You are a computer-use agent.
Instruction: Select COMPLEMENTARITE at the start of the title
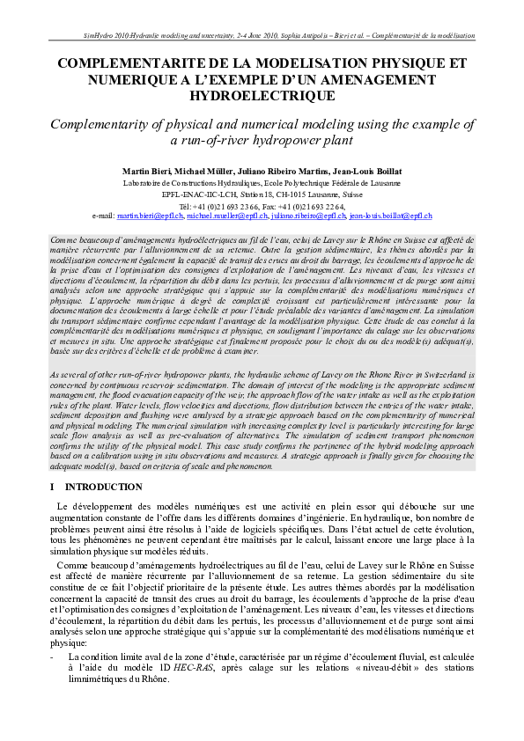click(x=135, y=64)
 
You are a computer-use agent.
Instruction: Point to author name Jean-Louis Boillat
click(x=352, y=170)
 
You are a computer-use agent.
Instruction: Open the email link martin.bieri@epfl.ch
click(x=150, y=216)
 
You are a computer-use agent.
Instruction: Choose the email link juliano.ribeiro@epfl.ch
click(x=308, y=216)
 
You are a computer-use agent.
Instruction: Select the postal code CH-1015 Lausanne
click(x=311, y=194)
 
